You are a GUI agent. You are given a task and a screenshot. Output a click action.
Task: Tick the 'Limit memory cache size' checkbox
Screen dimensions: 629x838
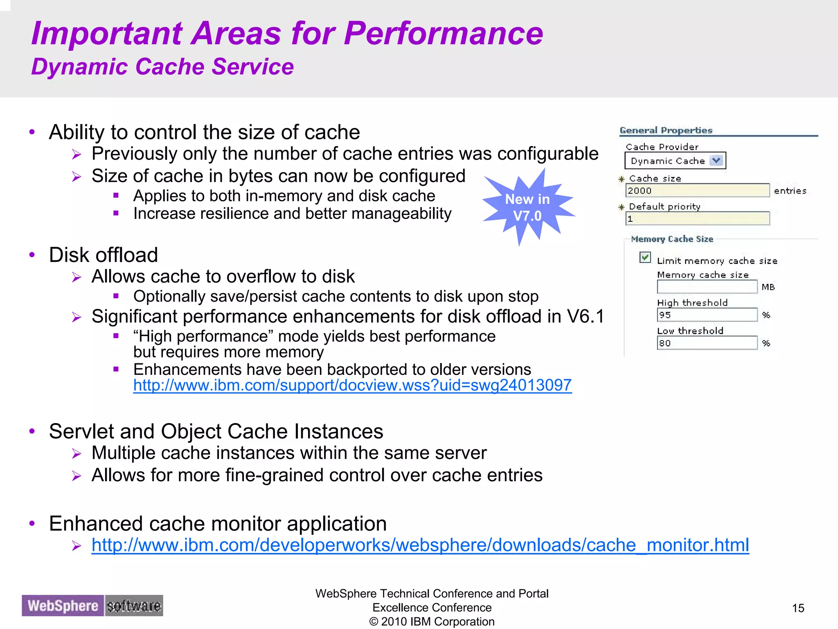pos(645,258)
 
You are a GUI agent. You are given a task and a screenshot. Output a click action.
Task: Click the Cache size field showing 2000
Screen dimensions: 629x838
pos(697,191)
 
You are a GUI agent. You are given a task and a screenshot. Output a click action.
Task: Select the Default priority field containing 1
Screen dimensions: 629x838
pos(697,219)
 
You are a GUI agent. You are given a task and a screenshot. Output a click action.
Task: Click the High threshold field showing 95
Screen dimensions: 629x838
pos(707,315)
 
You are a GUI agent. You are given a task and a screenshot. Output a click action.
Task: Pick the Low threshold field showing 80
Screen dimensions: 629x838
pos(707,343)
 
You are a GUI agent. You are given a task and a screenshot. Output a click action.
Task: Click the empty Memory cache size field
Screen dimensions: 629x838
pos(707,287)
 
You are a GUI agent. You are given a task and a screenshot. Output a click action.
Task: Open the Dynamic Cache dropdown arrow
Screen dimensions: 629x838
pos(716,160)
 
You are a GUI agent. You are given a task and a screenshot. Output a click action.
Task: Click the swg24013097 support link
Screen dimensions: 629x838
pos(352,385)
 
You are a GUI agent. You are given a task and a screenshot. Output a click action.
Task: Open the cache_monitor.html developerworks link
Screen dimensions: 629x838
pos(420,545)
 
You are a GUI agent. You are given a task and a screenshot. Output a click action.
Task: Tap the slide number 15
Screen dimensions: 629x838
pos(798,608)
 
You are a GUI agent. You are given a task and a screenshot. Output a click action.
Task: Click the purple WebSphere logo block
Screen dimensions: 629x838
pos(63,606)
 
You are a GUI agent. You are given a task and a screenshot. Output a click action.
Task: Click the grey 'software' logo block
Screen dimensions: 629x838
pos(134,606)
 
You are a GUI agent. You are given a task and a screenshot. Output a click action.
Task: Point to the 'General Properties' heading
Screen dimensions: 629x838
pos(666,130)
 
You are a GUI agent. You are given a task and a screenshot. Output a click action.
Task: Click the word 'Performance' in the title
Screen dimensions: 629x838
pos(444,34)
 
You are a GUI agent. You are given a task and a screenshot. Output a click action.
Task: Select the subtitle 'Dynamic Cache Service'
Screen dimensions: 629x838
pos(162,67)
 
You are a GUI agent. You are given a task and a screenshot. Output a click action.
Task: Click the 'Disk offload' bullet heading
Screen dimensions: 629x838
pos(104,255)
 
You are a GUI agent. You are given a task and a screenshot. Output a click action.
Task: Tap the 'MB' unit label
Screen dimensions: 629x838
pos(768,287)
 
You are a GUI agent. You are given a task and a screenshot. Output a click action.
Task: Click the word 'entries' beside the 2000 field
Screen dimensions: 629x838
pos(790,191)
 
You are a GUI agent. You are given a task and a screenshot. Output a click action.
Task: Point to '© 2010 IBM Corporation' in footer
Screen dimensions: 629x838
pos(432,622)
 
